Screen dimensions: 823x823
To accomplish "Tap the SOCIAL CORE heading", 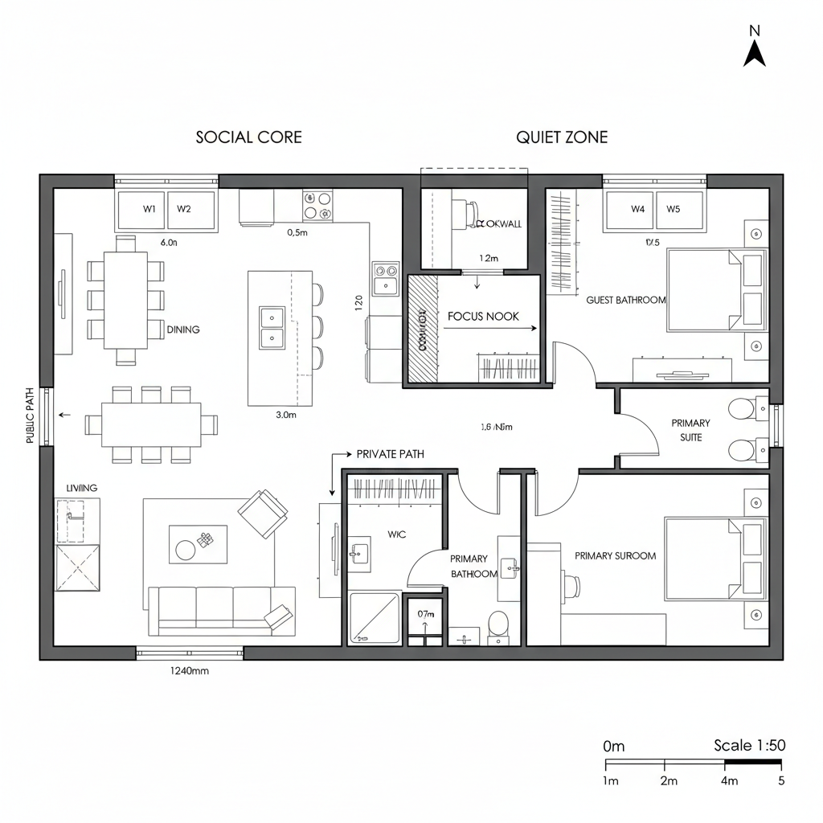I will [x=249, y=137].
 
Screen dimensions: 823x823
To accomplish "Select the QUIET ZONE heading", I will [x=562, y=137].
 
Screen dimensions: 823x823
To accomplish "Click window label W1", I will [x=149, y=209].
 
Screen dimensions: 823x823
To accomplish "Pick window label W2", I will [x=184, y=209].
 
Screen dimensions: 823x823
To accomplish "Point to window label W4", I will [x=638, y=209].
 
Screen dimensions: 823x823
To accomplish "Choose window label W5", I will [x=673, y=209].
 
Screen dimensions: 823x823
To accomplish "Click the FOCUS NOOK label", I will [x=477, y=317].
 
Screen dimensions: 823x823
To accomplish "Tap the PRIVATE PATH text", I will [x=390, y=454].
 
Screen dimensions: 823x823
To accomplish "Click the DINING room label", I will [x=183, y=330].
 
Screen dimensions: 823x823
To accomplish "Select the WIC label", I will [x=397, y=534].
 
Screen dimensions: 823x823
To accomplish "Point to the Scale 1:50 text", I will [x=749, y=746].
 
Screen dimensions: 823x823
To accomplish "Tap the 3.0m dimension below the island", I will [x=286, y=416].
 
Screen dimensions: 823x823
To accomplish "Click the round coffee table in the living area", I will [x=186, y=550].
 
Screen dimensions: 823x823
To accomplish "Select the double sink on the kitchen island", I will [x=272, y=328].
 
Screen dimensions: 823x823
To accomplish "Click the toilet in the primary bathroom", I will [x=498, y=624].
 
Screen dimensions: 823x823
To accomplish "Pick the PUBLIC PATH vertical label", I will [x=31, y=416].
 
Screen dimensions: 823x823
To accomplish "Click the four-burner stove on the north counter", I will [x=317, y=206].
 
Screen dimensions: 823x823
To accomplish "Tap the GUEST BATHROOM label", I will [x=626, y=300].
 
